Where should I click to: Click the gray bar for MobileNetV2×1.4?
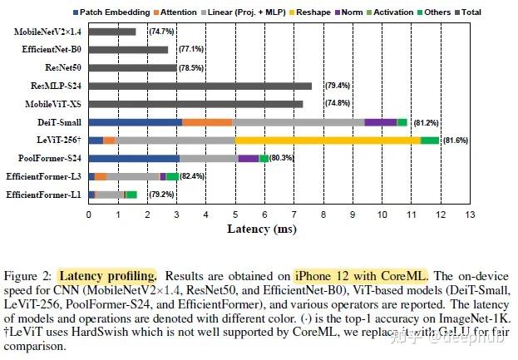(111, 32)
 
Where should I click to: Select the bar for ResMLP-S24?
(200, 86)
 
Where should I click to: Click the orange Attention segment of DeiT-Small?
(207, 122)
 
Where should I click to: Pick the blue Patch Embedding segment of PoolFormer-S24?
(134, 158)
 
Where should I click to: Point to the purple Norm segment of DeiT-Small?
(381, 122)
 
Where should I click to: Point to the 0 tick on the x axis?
(88, 214)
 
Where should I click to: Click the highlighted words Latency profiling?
(107, 275)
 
